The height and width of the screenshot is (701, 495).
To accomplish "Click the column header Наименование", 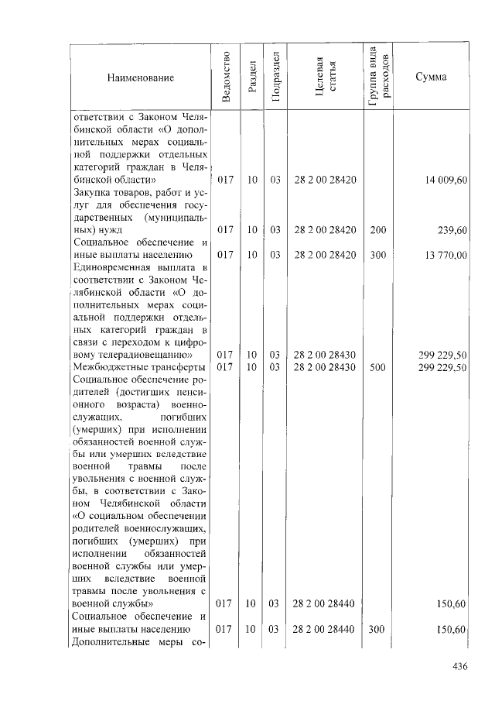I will point(141,77).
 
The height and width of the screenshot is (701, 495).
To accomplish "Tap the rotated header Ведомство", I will point(225,77).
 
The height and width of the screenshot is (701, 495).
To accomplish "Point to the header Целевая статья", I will point(325,77).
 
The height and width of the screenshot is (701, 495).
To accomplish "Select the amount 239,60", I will point(452,229).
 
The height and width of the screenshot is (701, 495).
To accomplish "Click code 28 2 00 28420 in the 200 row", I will point(325,229).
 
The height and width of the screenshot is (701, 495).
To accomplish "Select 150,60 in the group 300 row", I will point(452,630).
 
